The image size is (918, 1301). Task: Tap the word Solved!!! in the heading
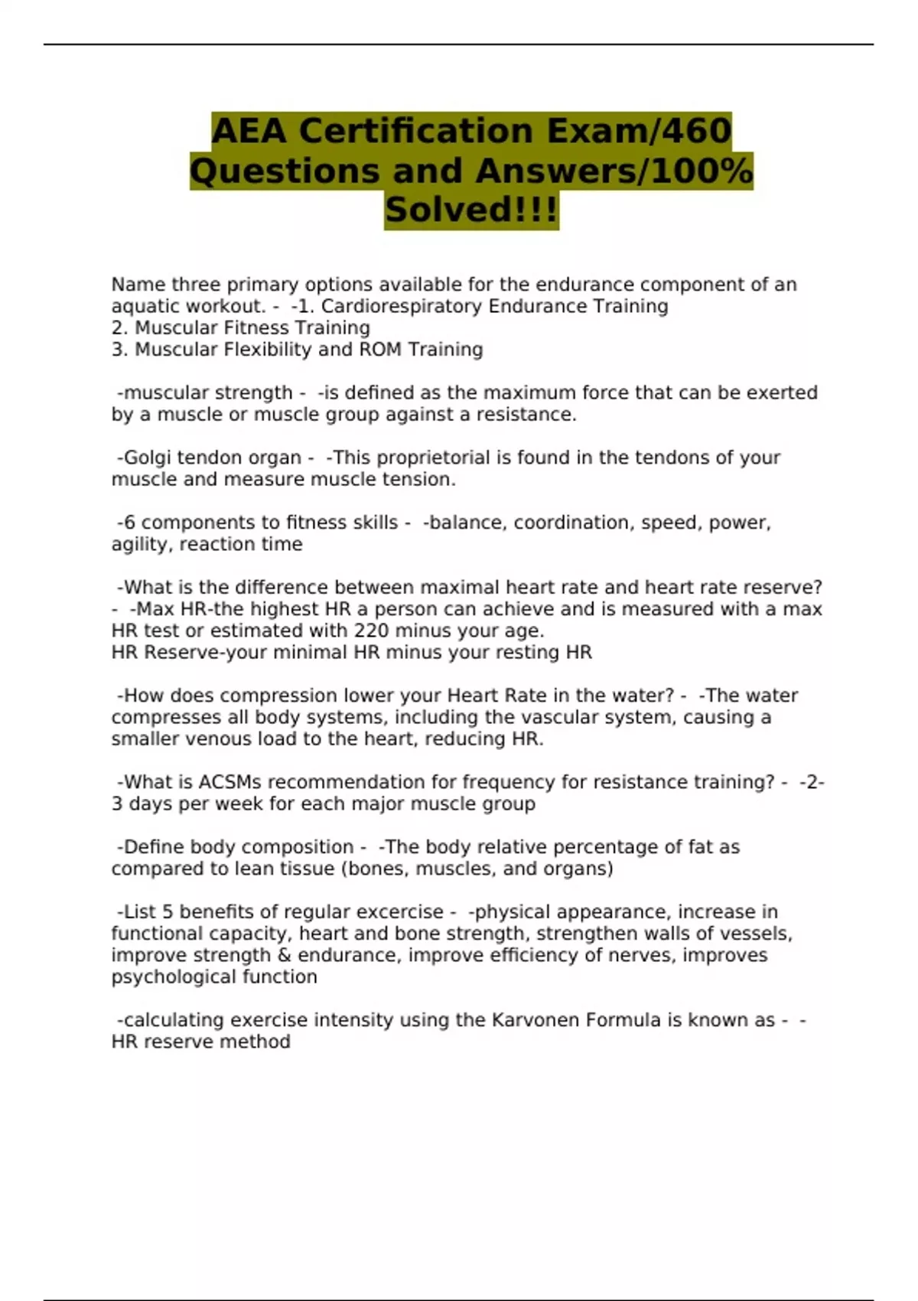pos(471,210)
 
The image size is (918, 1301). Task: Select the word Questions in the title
pos(285,171)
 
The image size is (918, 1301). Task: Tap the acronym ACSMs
pos(229,782)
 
